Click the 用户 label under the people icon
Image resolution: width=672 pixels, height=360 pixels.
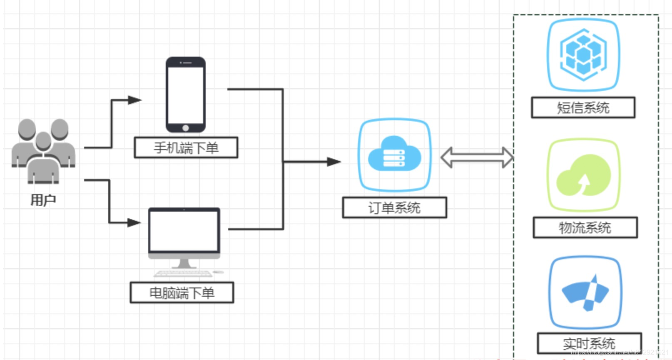(43, 200)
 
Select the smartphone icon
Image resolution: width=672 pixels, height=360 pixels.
(186, 95)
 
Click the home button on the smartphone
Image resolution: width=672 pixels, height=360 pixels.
(186, 128)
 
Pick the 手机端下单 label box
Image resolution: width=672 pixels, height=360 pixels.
(186, 147)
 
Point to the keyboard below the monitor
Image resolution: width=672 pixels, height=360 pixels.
(183, 273)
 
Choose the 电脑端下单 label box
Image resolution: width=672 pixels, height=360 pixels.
(182, 292)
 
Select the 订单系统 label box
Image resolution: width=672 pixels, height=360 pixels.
(394, 207)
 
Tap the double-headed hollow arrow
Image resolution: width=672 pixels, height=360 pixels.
(477, 157)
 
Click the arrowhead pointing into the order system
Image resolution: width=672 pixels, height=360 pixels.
(334, 162)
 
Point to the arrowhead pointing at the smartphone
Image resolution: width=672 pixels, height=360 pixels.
(134, 100)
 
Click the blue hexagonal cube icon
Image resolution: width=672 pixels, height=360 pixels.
(583, 55)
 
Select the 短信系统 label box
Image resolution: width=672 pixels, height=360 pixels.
(583, 108)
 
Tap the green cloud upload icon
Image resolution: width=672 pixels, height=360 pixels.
(583, 175)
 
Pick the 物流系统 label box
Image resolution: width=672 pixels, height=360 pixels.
(585, 227)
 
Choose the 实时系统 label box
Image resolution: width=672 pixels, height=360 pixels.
(589, 343)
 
